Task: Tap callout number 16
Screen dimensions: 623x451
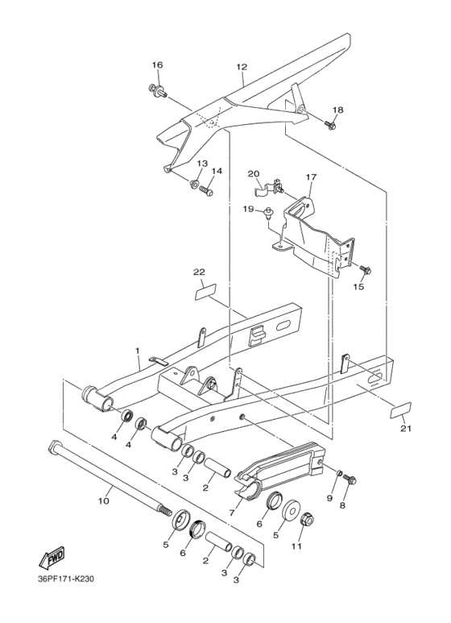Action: pyautogui.click(x=157, y=64)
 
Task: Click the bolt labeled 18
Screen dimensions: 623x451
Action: pyautogui.click(x=330, y=125)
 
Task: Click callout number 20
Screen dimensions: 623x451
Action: pyautogui.click(x=253, y=174)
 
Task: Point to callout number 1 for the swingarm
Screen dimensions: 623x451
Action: pyautogui.click(x=138, y=351)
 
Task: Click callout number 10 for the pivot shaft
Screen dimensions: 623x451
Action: pyautogui.click(x=103, y=501)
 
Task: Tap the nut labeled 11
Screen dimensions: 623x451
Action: pyautogui.click(x=307, y=522)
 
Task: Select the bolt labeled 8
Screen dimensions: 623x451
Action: pyautogui.click(x=350, y=480)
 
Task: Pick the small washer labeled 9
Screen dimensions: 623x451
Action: pyautogui.click(x=339, y=473)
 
